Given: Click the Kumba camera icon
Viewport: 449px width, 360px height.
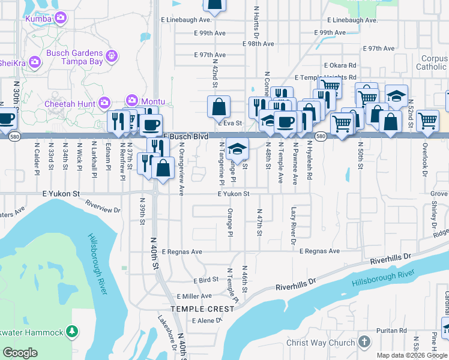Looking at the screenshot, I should [x=59, y=19].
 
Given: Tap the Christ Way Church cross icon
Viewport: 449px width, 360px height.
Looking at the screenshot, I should [x=363, y=342].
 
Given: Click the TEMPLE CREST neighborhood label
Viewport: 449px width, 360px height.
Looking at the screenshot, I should [x=202, y=308].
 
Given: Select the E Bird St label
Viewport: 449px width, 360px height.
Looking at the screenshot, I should [x=206, y=280].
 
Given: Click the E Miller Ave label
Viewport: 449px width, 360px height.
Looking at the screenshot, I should [x=194, y=296].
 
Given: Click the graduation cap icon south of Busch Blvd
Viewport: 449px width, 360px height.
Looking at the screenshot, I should [x=238, y=148].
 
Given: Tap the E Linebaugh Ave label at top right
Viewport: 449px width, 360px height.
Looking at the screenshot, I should [x=354, y=20].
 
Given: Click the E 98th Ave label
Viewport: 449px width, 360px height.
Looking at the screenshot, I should [x=259, y=44].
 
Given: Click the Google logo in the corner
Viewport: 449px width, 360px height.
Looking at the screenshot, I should [x=20, y=353].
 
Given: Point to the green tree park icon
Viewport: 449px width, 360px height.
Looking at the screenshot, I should [x=71, y=331].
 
